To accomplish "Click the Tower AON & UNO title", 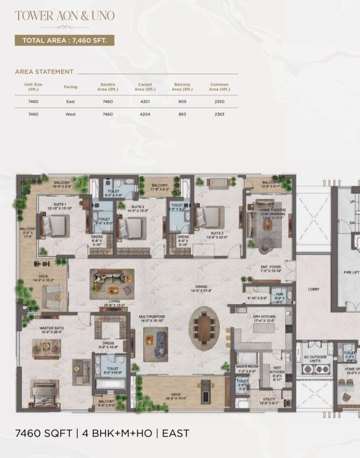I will pos(64,15).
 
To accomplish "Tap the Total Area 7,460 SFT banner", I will pos(64,40).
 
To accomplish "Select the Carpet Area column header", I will pos(145,87).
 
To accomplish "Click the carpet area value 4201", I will pos(145,101).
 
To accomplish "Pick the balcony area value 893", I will pos(182,114).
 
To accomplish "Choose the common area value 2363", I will pos(219,114).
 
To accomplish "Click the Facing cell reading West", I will pos(71,114).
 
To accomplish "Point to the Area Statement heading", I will pos(44,72).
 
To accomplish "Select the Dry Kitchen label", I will pos(264,317).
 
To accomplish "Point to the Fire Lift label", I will pos(351,272).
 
